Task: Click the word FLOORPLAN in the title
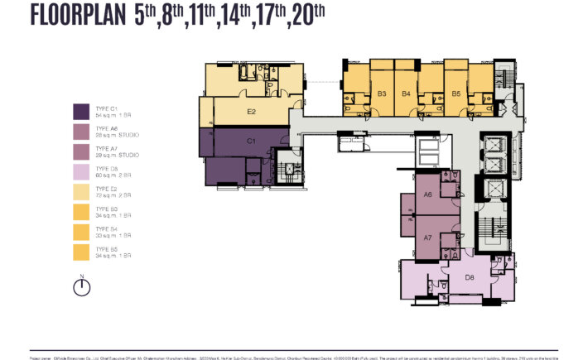tap(78, 16)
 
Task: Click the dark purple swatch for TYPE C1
tap(82, 111)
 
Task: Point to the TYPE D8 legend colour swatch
tap(82, 170)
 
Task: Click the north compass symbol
tap(81, 286)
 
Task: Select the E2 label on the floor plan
tap(250, 111)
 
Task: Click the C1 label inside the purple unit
tap(250, 142)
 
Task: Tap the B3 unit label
tap(382, 94)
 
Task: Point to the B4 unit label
tap(407, 94)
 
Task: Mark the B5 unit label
tap(455, 94)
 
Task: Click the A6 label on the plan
tap(428, 194)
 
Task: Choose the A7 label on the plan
tap(428, 238)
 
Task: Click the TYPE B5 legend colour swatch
tap(82, 251)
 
